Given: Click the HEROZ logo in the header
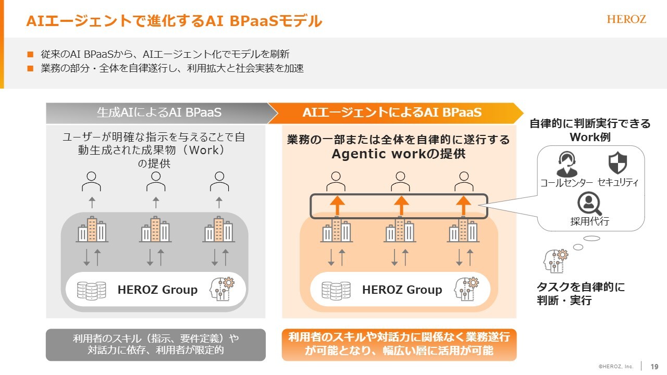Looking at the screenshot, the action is (626, 19).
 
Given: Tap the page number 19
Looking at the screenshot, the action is (654, 366).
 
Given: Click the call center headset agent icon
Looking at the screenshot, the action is (566, 164).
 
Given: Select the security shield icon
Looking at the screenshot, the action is (617, 163).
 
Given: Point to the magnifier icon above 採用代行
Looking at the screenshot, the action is (589, 204).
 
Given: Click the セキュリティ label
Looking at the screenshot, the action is (618, 182).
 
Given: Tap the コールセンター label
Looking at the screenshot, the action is (566, 182).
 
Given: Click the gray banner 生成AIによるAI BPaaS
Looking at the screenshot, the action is (159, 113).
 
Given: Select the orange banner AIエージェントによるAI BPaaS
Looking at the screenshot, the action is (392, 113).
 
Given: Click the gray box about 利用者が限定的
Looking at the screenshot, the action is (156, 345).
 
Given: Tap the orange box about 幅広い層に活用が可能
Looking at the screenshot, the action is (399, 345).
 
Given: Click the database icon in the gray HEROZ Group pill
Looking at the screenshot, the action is (91, 290).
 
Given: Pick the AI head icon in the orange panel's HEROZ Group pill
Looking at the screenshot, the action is (466, 289).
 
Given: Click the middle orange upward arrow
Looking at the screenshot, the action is (401, 205).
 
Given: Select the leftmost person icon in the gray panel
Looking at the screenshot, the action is (91, 181).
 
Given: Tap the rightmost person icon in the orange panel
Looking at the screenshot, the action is (464, 181).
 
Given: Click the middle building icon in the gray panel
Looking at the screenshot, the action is (156, 229).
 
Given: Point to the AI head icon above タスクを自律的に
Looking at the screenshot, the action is (555, 261).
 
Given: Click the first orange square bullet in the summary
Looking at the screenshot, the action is (30, 54).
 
